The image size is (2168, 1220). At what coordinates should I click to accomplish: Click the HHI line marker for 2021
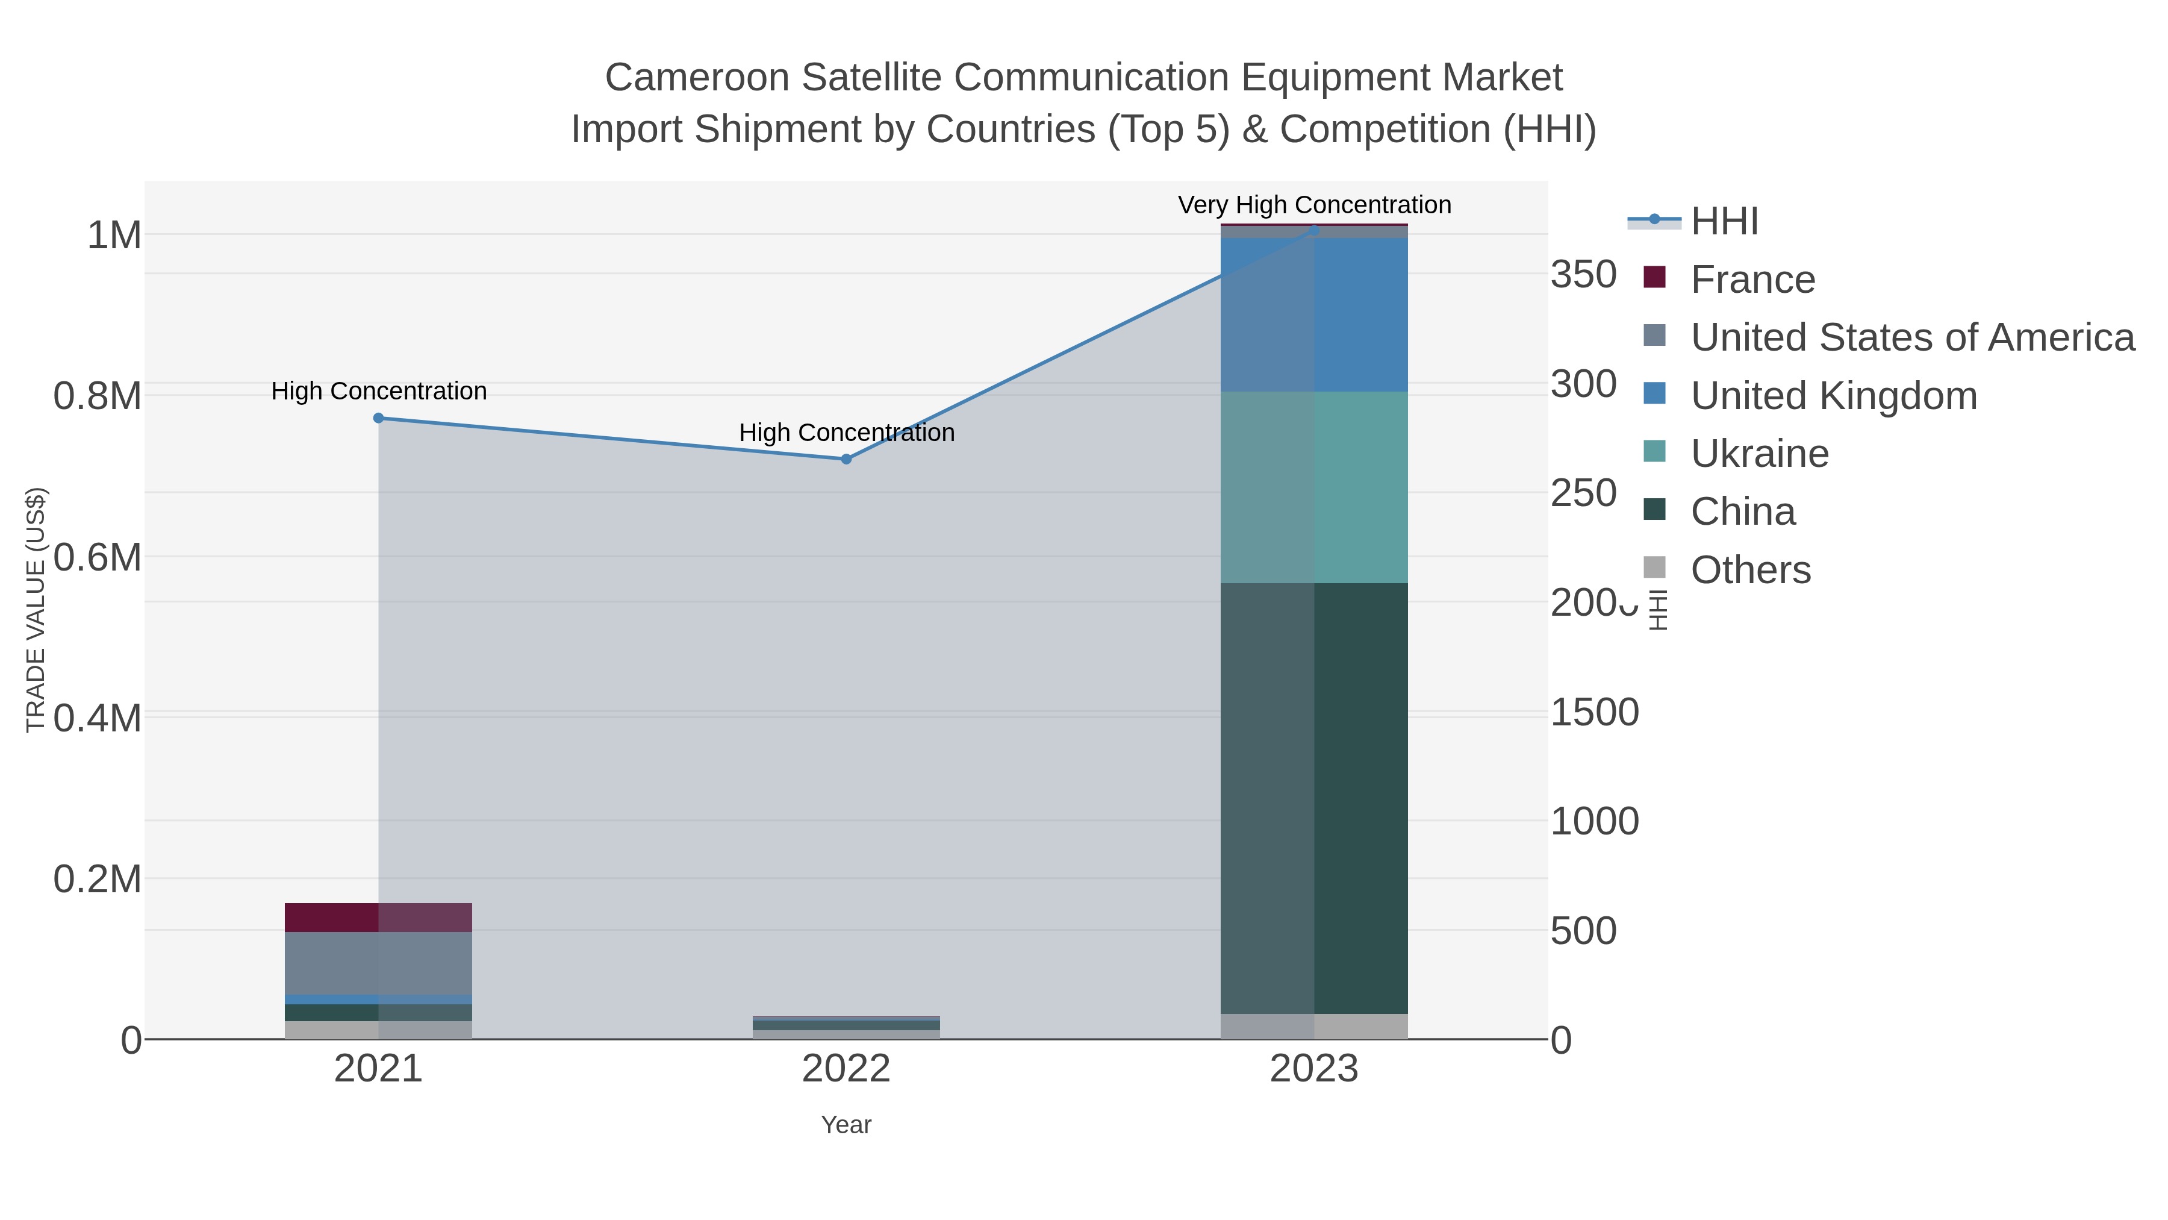click(379, 419)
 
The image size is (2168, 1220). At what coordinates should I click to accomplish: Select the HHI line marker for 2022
click(847, 460)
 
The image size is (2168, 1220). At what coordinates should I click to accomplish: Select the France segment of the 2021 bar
click(379, 918)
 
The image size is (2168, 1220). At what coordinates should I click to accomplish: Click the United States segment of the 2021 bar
click(379, 963)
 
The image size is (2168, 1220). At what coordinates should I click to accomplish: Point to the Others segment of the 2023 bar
click(1314, 1027)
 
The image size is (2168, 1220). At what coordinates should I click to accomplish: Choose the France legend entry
click(1752, 280)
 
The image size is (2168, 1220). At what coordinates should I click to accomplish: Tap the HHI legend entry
click(1724, 222)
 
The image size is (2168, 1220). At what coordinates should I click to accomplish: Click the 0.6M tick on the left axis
click(98, 557)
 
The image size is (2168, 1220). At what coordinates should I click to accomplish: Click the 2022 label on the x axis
click(846, 1069)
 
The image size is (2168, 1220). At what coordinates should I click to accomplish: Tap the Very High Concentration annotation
click(1314, 205)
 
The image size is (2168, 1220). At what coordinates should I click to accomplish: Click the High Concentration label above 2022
click(847, 433)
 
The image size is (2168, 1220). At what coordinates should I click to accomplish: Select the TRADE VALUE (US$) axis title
click(36, 610)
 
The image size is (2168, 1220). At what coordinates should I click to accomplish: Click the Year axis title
click(846, 1125)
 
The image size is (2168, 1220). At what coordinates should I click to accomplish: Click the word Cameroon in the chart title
click(697, 78)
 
